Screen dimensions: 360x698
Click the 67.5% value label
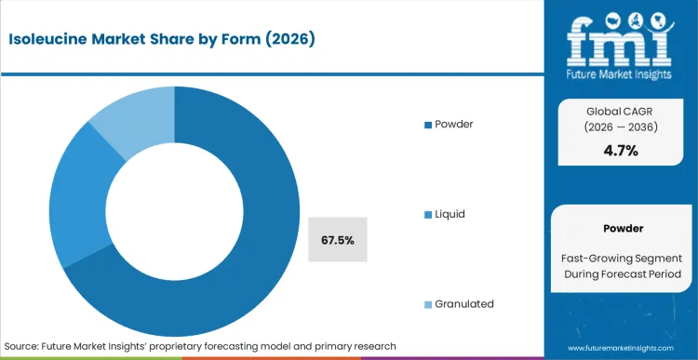click(x=337, y=240)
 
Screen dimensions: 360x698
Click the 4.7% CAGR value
click(x=621, y=151)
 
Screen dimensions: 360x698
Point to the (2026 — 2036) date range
click(x=621, y=128)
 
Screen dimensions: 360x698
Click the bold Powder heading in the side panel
click(x=621, y=228)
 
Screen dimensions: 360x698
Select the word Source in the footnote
click(x=23, y=345)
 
